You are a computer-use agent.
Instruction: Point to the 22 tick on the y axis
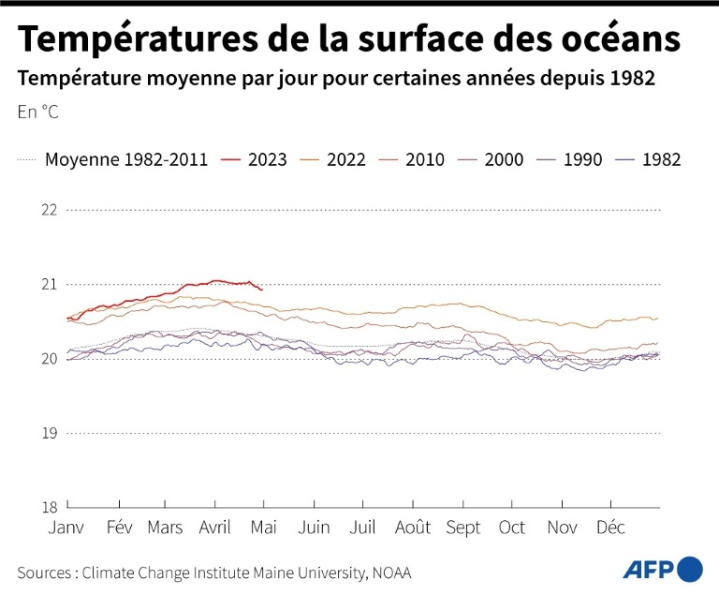point(49,209)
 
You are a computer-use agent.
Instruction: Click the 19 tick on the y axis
point(49,433)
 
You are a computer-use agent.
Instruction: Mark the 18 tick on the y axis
point(49,507)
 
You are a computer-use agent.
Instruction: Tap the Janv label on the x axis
point(66,528)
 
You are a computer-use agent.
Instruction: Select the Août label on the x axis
point(413,528)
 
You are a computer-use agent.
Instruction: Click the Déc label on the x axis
point(611,528)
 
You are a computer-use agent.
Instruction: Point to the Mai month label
point(263,528)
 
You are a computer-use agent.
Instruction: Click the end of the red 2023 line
point(262,290)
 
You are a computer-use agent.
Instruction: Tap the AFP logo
point(663,569)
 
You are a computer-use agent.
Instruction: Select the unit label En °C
point(37,112)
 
